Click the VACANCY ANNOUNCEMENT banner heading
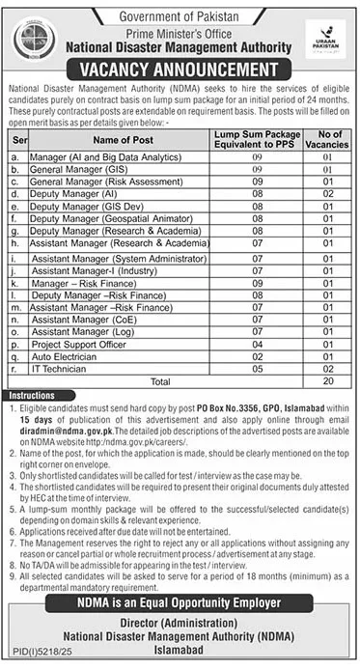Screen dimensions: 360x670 click(179, 70)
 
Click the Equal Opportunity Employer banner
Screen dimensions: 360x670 click(180, 577)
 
